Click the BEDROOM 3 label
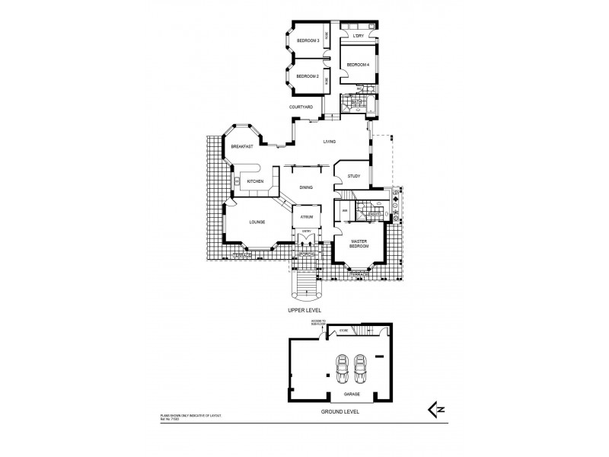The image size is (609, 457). (307, 40)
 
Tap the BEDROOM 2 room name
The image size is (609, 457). (307, 76)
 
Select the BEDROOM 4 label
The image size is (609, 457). (358, 65)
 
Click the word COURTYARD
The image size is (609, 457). (301, 107)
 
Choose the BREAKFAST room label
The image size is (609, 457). (242, 146)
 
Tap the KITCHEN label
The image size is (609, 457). (255, 181)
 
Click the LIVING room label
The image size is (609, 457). (329, 142)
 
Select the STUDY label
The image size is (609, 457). (353, 177)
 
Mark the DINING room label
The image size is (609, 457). (306, 187)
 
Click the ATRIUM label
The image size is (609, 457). (307, 216)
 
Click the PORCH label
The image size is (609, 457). (307, 254)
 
